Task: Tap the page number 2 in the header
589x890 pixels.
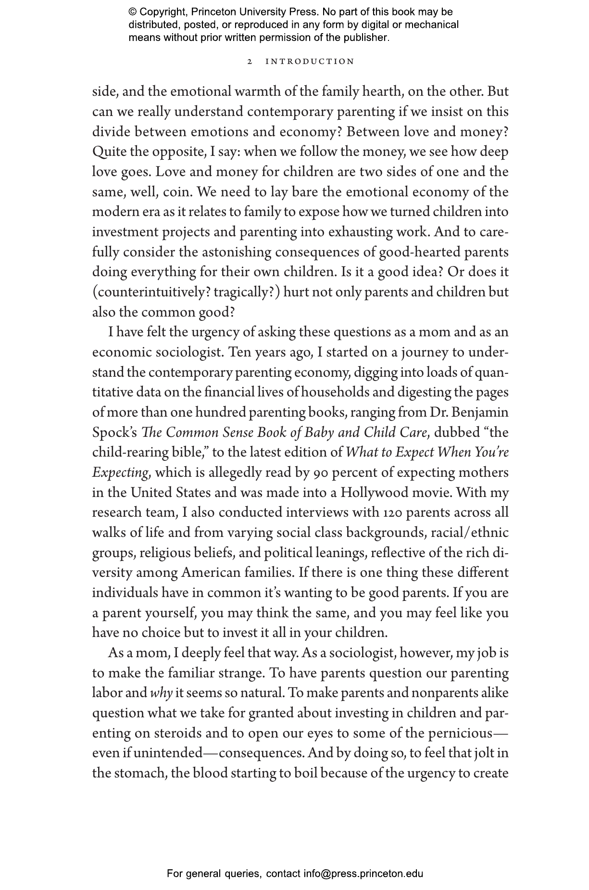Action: point(250,62)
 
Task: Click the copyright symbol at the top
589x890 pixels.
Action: point(133,12)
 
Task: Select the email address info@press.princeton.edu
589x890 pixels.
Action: point(363,874)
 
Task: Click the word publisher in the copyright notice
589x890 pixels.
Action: point(365,38)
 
